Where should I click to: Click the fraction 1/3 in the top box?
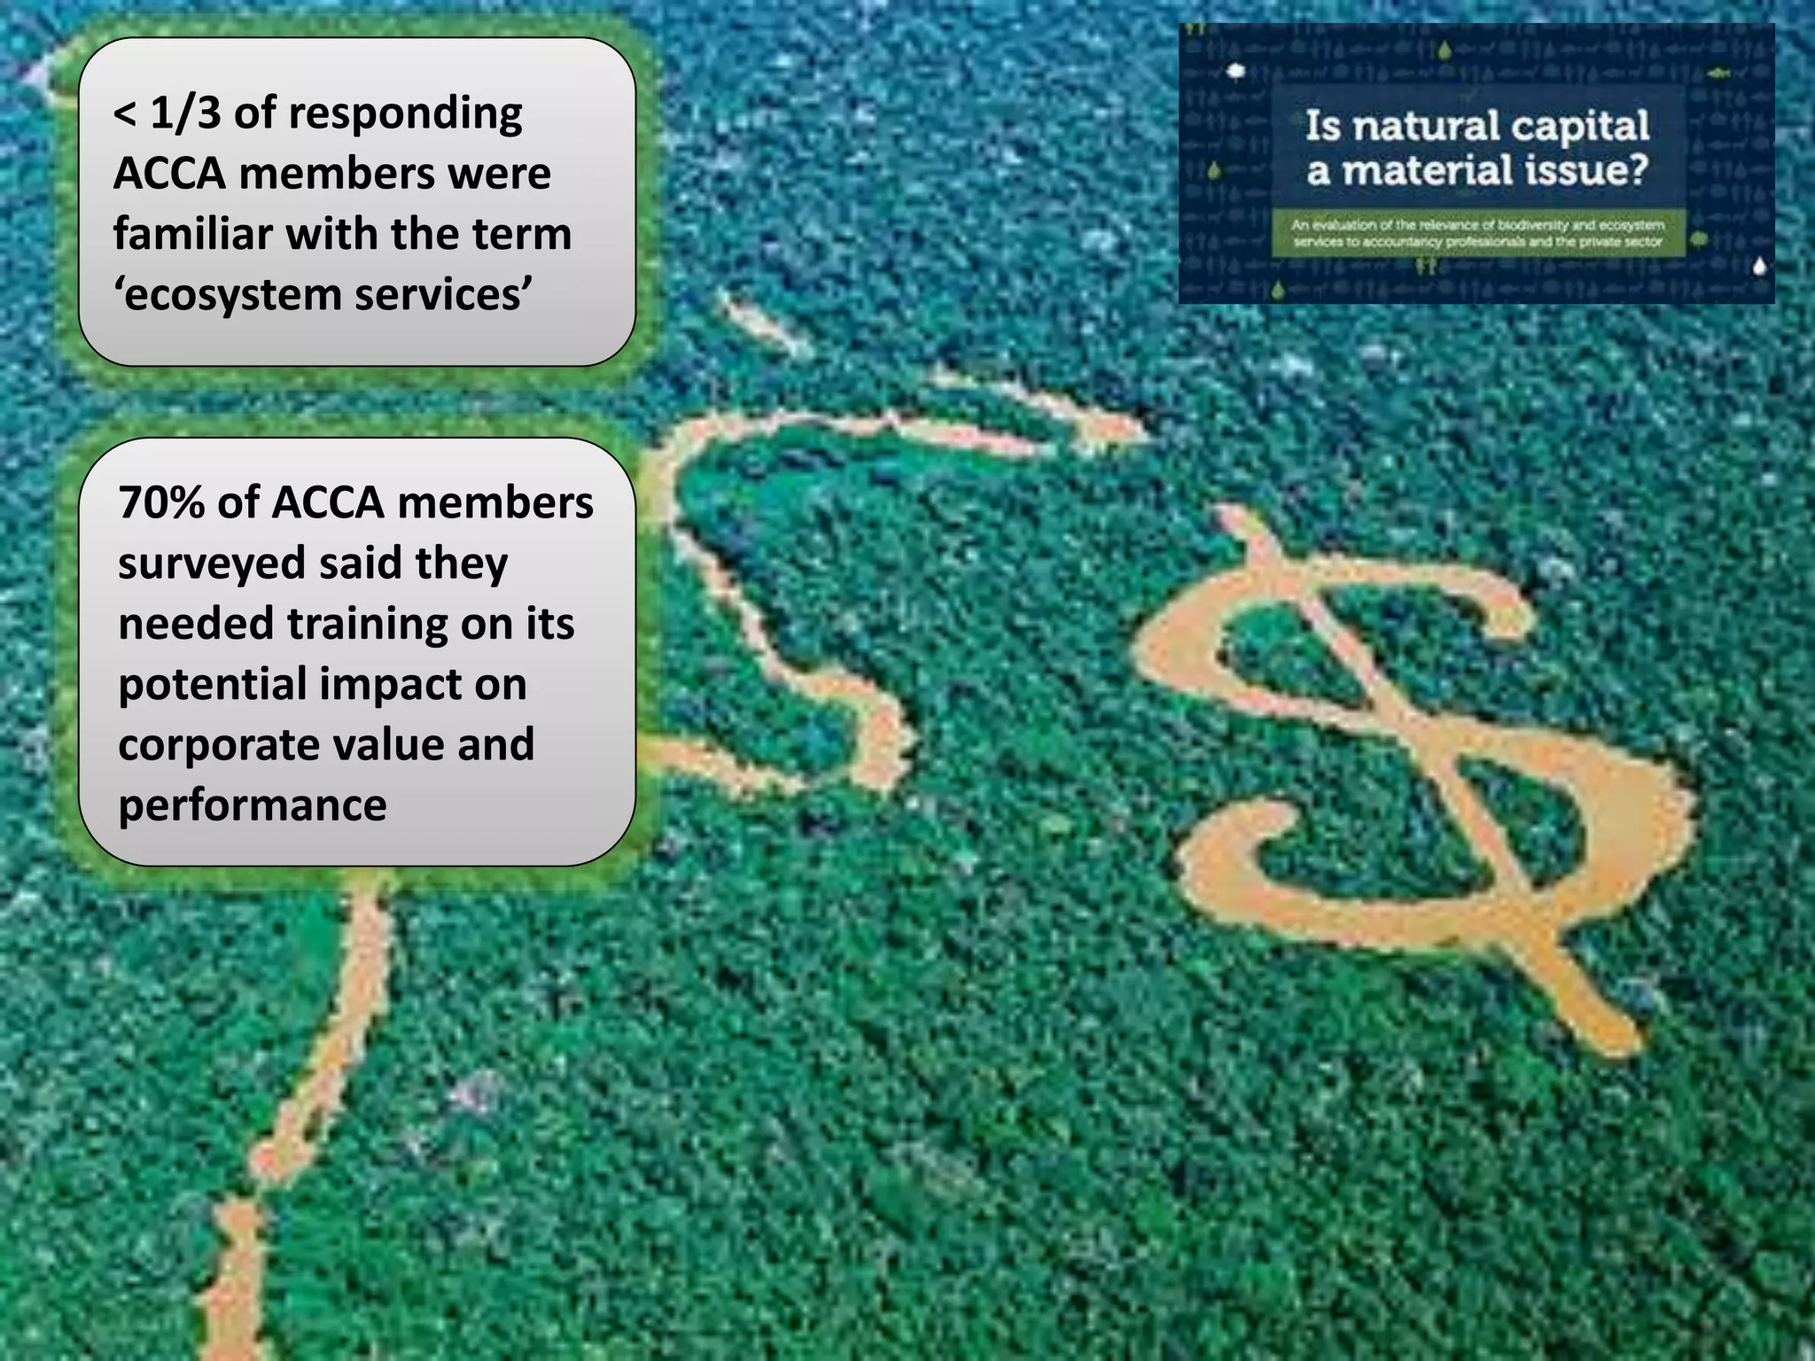184,113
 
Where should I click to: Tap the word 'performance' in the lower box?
253,805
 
